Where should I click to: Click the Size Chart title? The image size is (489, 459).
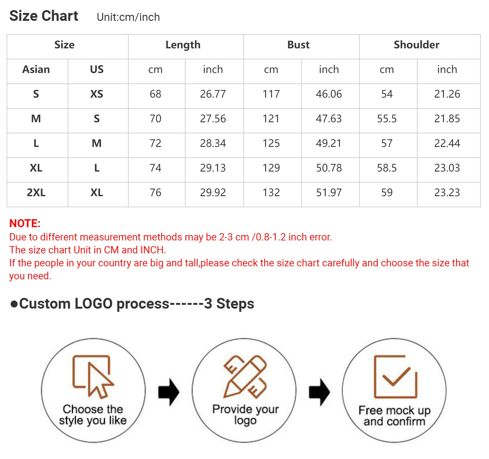coord(44,16)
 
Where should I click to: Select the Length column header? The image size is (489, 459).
coord(183,45)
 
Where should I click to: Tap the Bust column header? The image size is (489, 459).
coord(298,45)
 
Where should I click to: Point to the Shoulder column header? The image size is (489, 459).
coord(417,45)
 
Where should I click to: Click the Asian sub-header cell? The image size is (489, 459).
coord(36,69)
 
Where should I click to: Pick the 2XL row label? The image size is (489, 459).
coord(36,192)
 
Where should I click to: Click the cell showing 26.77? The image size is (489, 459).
coord(213,94)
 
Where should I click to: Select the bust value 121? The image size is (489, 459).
coord(271,118)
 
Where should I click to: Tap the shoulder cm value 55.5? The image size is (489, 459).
coord(387,118)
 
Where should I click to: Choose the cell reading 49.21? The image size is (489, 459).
coord(329,143)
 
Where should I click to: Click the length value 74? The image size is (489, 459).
coord(156,168)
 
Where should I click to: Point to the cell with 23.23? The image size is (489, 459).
coord(447,192)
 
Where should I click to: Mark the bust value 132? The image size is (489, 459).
coord(271,192)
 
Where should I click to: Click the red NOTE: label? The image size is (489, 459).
coord(25,223)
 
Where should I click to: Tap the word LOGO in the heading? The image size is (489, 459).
coord(94,304)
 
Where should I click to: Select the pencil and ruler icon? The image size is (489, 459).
coord(245,377)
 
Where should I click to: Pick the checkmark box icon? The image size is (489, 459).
coord(395,377)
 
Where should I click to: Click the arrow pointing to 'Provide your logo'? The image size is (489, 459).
coord(169,392)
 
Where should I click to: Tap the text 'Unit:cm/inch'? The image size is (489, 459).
coord(128,17)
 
